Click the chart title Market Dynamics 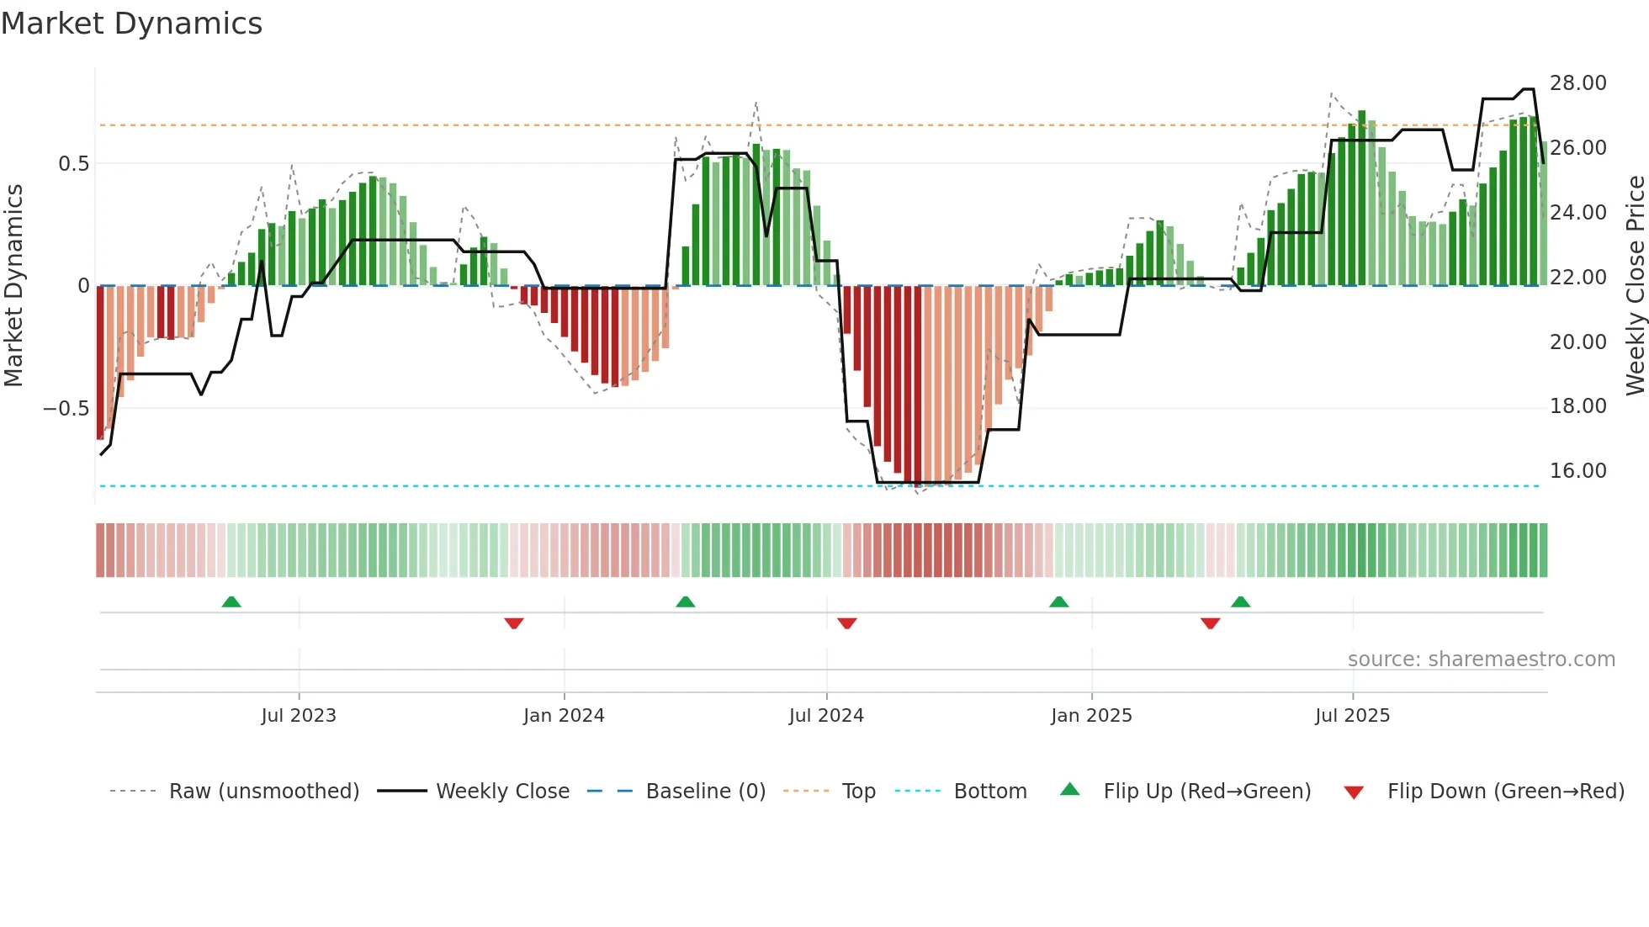[131, 24]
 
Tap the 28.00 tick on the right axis [1577, 83]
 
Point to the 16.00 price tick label [1577, 471]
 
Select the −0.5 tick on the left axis [66, 409]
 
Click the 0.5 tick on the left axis [73, 164]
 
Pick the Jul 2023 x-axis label [298, 716]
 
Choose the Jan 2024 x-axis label [564, 716]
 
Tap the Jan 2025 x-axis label [1091, 716]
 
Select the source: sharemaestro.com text [1481, 659]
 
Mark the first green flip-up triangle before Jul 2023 [231, 601]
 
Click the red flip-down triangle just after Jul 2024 [847, 623]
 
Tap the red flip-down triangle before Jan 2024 [514, 623]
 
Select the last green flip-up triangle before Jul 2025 [1240, 601]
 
